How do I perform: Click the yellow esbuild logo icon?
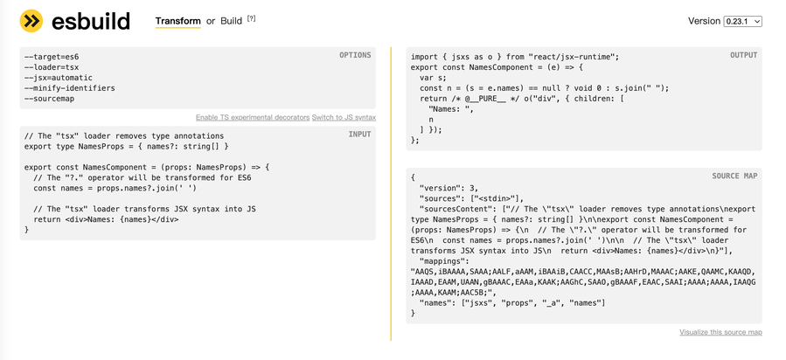[x=31, y=20]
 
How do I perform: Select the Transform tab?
[x=177, y=21]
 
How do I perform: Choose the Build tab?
[x=232, y=21]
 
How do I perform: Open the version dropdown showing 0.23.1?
[x=742, y=21]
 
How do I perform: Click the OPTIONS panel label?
[x=355, y=56]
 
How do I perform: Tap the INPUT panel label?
[x=359, y=135]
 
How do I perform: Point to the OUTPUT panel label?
[x=744, y=56]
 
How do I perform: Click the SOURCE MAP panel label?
[x=734, y=177]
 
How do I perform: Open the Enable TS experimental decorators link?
[x=253, y=117]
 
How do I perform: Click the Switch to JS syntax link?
[x=344, y=117]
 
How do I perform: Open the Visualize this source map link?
[x=720, y=332]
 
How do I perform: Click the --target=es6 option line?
[x=52, y=57]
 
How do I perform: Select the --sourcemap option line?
[x=52, y=99]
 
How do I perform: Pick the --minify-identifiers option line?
[x=69, y=88]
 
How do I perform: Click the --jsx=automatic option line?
[x=58, y=78]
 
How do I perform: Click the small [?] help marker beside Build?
[x=252, y=18]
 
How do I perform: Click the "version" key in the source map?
[x=441, y=188]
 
